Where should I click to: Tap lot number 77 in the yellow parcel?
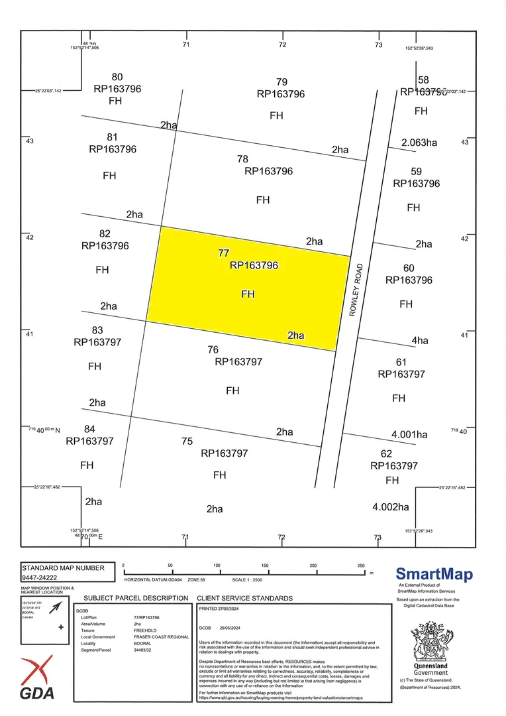pyautogui.click(x=223, y=253)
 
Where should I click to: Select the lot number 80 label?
pyautogui.click(x=117, y=77)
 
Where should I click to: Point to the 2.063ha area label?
pyautogui.click(x=419, y=142)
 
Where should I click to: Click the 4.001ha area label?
pyautogui.click(x=409, y=435)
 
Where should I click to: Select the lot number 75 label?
pyautogui.click(x=187, y=441)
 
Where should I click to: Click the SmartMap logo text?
pyautogui.click(x=434, y=574)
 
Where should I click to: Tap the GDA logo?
pyautogui.click(x=37, y=678)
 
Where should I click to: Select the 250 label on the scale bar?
pyautogui.click(x=361, y=566)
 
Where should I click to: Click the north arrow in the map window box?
pyautogui.click(x=57, y=607)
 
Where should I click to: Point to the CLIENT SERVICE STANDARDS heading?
pyautogui.click(x=244, y=598)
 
